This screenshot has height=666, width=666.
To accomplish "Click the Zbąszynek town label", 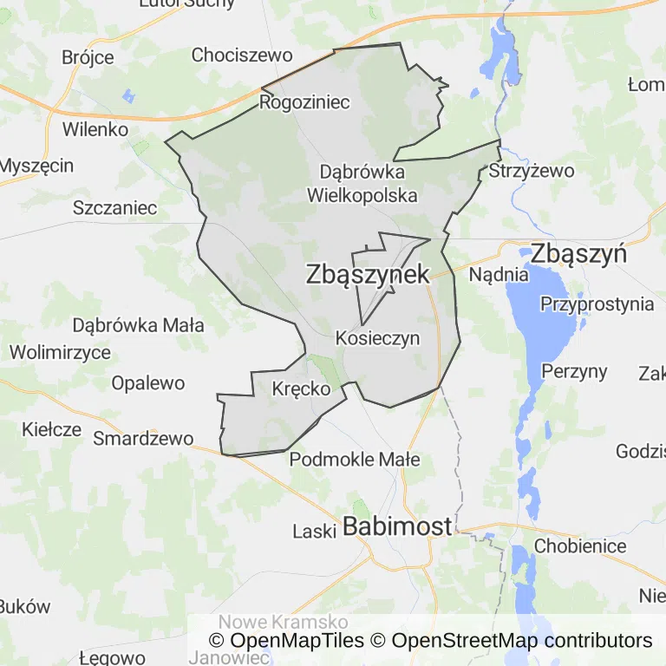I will pyautogui.click(x=368, y=275).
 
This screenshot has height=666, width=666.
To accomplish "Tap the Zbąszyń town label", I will pyautogui.click(x=578, y=254).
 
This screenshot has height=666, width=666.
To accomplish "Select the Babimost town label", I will pyautogui.click(x=398, y=526).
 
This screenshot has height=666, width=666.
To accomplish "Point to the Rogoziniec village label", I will pyautogui.click(x=304, y=102).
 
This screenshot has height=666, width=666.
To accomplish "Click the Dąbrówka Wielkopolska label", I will pyautogui.click(x=362, y=183).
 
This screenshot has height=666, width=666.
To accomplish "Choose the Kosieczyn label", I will pyautogui.click(x=377, y=338).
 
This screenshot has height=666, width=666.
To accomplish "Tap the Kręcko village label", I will pyautogui.click(x=301, y=388).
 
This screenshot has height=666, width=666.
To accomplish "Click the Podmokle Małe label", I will pyautogui.click(x=355, y=460).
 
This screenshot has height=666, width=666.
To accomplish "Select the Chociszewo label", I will pyautogui.click(x=242, y=55).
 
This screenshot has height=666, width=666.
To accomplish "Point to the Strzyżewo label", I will pyautogui.click(x=532, y=171).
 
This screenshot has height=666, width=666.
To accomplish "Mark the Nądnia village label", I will pyautogui.click(x=499, y=275).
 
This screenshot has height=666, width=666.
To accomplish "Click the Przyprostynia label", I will pyautogui.click(x=597, y=304).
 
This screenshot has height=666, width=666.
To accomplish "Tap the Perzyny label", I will pyautogui.click(x=574, y=371).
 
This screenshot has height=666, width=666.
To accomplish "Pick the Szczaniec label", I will pyautogui.click(x=115, y=208).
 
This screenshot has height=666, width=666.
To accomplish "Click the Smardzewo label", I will pyautogui.click(x=143, y=438).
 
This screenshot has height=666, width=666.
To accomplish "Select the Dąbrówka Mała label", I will pyautogui.click(x=139, y=326).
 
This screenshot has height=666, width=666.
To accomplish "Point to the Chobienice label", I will pyautogui.click(x=580, y=546).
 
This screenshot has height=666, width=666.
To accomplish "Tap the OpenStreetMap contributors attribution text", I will pyautogui.click(x=521, y=641).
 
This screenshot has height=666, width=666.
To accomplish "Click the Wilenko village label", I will pyautogui.click(x=95, y=129).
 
